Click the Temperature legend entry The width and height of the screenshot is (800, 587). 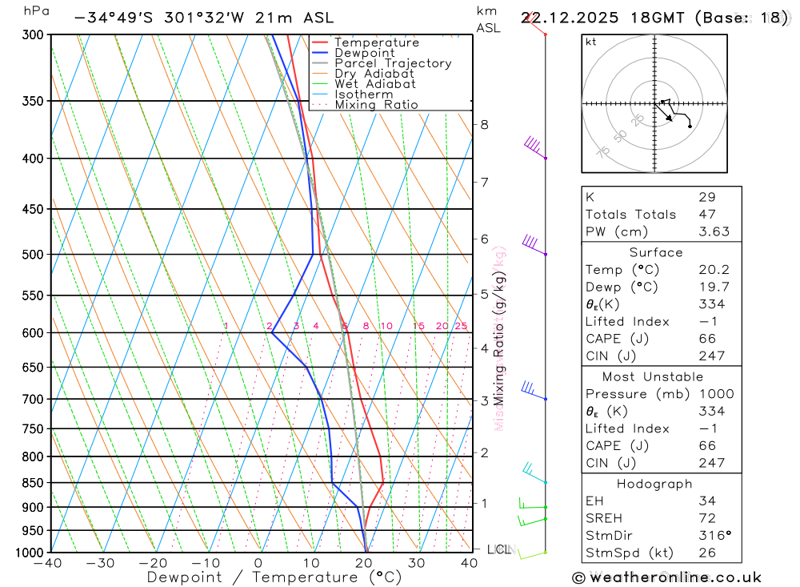pos(376,42)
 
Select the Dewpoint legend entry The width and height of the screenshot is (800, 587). pos(364,53)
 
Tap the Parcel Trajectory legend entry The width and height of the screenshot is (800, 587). pos(393,63)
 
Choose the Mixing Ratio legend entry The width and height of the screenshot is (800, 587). pos(376,104)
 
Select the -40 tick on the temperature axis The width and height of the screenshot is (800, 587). pos(49,563)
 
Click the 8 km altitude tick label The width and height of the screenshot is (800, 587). pos(485,124)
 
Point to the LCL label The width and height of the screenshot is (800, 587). pos(499,549)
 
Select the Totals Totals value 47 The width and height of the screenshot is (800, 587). pos(706,214)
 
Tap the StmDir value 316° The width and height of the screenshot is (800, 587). pos(710,535)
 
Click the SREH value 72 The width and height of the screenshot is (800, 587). pos(706,518)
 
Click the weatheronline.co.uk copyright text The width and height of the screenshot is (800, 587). pos(667,577)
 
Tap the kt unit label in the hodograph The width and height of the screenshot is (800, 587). pos(590,42)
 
